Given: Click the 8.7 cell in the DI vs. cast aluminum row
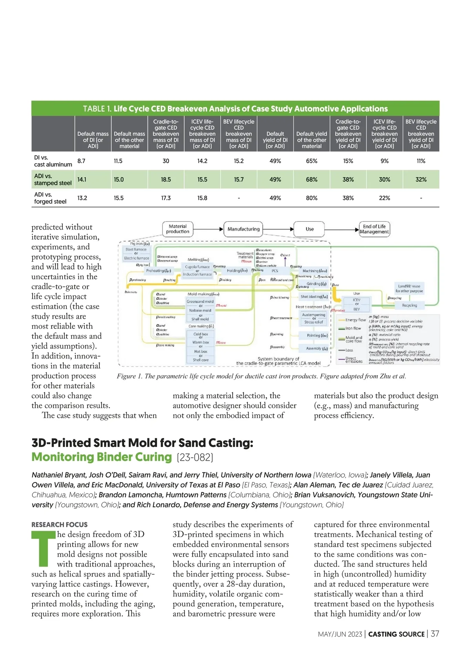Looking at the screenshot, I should click(x=82, y=161).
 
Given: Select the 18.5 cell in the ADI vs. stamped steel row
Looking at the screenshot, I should click(x=166, y=179).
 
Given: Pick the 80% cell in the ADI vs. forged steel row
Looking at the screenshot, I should click(x=312, y=198).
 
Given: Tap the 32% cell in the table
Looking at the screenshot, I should click(x=421, y=179).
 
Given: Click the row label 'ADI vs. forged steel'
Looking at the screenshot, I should click(x=50, y=198).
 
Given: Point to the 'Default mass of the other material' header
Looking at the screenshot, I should click(x=130, y=140).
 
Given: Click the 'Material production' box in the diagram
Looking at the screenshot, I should click(x=178, y=229).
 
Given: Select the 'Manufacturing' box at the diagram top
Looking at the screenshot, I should click(x=243, y=229).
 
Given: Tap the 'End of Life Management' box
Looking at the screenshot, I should click(x=374, y=229).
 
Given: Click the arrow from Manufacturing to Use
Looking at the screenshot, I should click(x=278, y=229).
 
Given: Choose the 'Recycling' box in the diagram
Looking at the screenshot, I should click(x=409, y=305).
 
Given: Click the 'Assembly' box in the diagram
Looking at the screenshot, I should click(x=317, y=348).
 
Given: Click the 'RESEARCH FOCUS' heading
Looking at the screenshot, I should click(x=60, y=524).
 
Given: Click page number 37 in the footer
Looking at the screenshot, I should click(x=435, y=634).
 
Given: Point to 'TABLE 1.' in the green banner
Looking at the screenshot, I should click(x=97, y=109).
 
